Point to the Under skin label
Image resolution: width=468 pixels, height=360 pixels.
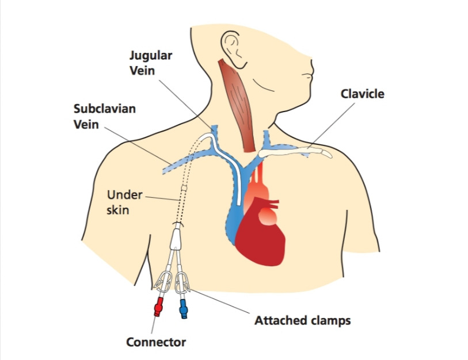[x=124, y=202]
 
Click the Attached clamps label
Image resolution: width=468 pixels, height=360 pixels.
[x=302, y=320]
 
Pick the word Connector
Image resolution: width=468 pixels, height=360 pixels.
[x=156, y=342]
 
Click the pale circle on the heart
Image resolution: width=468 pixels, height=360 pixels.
[x=268, y=217]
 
